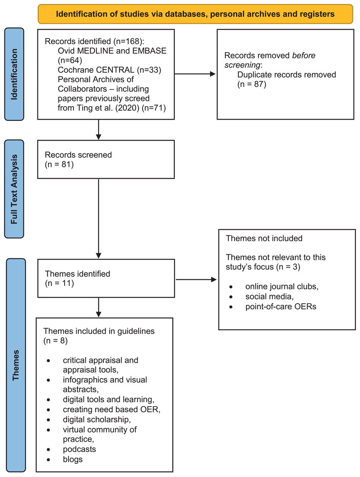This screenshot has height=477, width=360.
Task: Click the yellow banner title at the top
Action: [x=195, y=14]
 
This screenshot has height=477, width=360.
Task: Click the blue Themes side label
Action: [x=15, y=365]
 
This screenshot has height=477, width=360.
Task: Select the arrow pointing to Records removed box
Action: [x=195, y=74]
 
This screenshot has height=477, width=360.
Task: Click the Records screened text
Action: [x=78, y=155]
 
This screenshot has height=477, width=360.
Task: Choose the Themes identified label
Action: [x=77, y=274]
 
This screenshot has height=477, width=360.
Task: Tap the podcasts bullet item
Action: [x=79, y=450]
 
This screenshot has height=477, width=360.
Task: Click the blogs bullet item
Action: [x=73, y=460]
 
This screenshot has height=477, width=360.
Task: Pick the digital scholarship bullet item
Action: [x=97, y=419]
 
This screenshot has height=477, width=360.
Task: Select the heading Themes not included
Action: [x=264, y=238]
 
